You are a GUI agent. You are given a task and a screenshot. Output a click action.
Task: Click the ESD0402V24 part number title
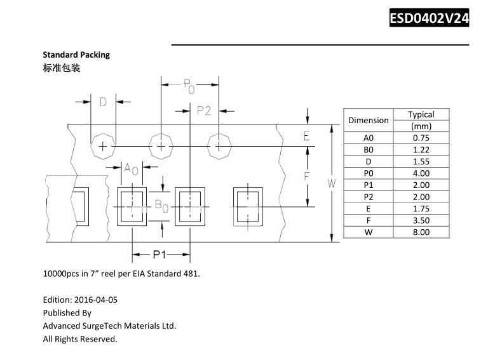(429, 18)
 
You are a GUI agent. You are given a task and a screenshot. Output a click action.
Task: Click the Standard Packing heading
(76, 55)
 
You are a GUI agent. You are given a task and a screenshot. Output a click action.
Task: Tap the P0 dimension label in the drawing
(189, 85)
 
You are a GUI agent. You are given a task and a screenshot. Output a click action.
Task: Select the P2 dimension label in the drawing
(204, 110)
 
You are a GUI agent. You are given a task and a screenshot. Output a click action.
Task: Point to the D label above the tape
(103, 102)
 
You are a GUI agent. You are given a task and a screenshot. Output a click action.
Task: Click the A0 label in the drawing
(131, 168)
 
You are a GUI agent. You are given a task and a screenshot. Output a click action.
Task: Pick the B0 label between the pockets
(161, 206)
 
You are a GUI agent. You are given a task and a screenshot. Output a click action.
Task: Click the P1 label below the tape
(159, 255)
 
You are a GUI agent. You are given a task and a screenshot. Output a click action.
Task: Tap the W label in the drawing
(332, 183)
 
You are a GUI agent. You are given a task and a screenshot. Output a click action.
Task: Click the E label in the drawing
(306, 136)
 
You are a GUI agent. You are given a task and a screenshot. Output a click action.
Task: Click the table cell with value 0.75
(421, 138)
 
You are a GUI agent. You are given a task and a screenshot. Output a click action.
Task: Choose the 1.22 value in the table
(421, 150)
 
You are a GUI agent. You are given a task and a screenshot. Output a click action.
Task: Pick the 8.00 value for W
(421, 232)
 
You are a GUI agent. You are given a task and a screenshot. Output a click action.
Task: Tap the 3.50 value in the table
(421, 220)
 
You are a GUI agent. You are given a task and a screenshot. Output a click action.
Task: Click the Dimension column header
(369, 120)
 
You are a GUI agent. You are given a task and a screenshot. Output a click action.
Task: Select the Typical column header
(421, 114)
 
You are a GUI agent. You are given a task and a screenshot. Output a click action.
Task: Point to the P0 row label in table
(369, 173)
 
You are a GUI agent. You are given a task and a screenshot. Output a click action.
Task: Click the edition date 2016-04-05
(96, 299)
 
